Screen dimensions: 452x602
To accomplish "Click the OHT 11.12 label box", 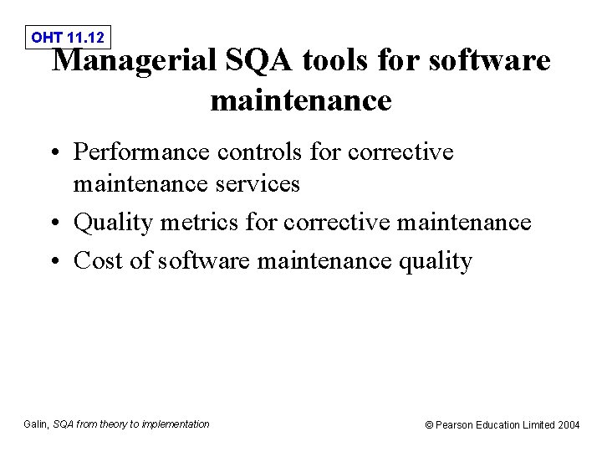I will (68, 37).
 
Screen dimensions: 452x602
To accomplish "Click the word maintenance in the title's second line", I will (301, 100).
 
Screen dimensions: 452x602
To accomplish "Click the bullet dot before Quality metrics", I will (56, 223).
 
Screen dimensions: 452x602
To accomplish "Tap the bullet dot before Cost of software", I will (56, 262).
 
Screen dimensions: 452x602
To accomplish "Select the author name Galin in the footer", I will (36, 424).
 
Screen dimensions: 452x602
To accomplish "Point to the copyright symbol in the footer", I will (430, 425).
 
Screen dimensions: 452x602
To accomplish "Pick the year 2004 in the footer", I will (569, 425).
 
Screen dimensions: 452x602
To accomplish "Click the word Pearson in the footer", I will (455, 425).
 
